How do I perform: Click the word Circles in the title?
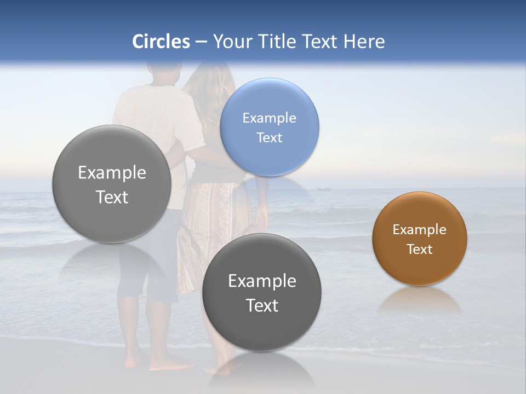point(161,42)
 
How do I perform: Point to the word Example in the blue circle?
point(269,118)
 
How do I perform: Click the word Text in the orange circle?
point(420,249)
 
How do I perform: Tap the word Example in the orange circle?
point(420,229)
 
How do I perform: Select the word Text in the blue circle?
point(269,137)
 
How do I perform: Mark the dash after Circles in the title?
point(201,42)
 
